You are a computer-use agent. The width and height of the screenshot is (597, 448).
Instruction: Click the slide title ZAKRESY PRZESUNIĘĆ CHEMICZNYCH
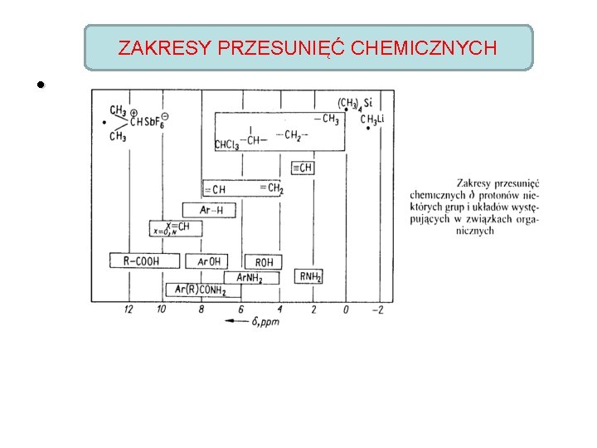pyautogui.click(x=308, y=47)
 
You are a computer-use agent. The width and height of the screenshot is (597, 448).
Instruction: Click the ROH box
pyautogui.click(x=264, y=262)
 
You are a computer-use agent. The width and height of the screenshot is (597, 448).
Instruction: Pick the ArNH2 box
pyautogui.click(x=250, y=278)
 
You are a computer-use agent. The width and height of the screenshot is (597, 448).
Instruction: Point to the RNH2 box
pyautogui.click(x=310, y=276)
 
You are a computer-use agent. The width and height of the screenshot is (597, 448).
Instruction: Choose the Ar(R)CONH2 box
pyautogui.click(x=197, y=290)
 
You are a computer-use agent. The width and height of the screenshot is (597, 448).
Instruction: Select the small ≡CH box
pyautogui.click(x=303, y=168)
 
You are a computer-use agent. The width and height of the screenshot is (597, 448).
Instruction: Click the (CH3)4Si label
pyautogui.click(x=354, y=104)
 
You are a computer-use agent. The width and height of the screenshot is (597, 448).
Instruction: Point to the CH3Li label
pyautogui.click(x=373, y=121)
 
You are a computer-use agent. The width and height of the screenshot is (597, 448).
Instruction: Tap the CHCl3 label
pyautogui.click(x=226, y=145)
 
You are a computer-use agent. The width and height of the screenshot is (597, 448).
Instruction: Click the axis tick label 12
pyautogui.click(x=129, y=309)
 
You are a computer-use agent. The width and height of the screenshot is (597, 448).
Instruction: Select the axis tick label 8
pyautogui.click(x=201, y=309)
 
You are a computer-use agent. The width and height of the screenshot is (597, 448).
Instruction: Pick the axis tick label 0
pyautogui.click(x=346, y=309)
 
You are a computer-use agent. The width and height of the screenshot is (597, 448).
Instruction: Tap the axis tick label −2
pyautogui.click(x=377, y=309)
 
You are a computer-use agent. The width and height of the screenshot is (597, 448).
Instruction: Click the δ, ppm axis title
pyautogui.click(x=265, y=320)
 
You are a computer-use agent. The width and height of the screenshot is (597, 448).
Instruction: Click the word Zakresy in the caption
pyautogui.click(x=476, y=183)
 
